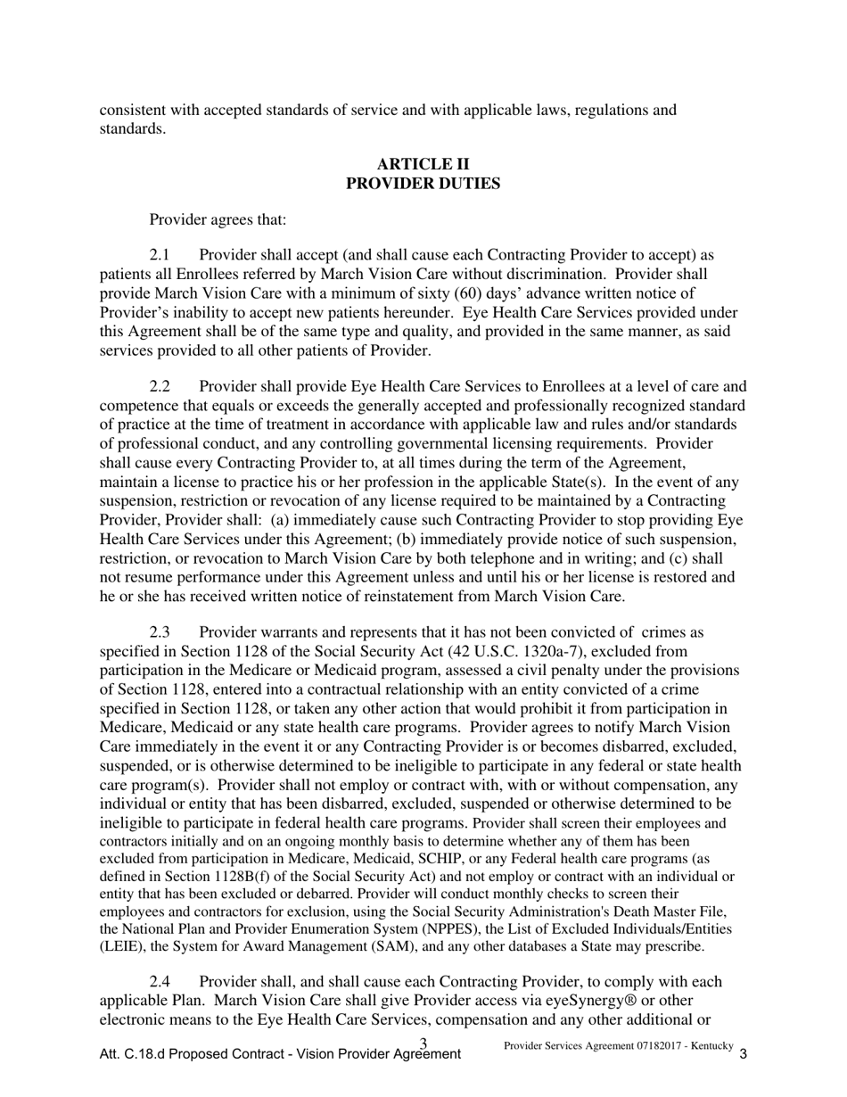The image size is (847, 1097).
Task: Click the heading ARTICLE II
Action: pos(423,164)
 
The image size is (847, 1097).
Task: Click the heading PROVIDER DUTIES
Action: pos(423,184)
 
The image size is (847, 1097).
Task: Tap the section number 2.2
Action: pos(160,386)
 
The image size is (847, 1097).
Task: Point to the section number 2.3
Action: pos(160,632)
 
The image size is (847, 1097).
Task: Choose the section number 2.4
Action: pos(160,982)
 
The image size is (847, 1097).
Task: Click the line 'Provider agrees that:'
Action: pos(218,219)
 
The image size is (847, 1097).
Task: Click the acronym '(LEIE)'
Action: pos(119,947)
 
